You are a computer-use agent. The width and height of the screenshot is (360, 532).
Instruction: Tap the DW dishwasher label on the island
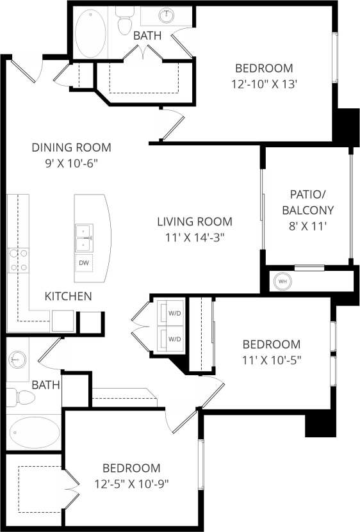click(84, 263)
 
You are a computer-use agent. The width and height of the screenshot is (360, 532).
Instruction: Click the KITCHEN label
click(68, 296)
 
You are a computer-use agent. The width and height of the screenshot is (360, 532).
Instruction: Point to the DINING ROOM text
click(71, 147)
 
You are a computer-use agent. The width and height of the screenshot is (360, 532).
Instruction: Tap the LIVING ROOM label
click(195, 222)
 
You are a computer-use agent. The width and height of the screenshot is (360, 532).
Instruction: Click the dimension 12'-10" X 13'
click(263, 83)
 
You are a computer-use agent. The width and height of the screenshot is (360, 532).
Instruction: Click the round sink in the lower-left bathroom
click(17, 359)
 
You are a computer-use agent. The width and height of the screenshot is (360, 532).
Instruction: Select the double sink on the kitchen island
click(84, 238)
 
